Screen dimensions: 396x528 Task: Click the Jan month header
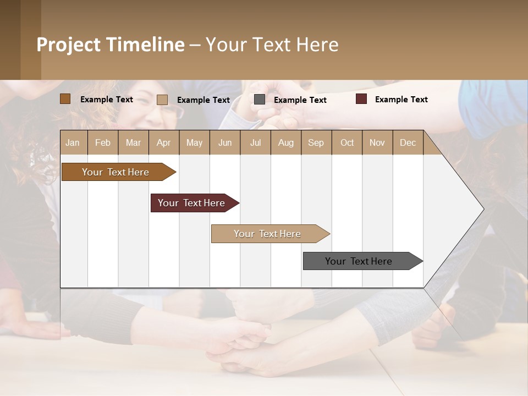click(x=73, y=142)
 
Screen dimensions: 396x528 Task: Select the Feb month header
click(x=103, y=142)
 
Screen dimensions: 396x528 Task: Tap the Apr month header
click(x=163, y=142)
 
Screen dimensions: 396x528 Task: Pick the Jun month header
click(x=225, y=142)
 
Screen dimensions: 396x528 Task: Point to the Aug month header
click(x=285, y=142)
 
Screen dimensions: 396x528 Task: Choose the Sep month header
click(x=316, y=142)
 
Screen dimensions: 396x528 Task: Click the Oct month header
click(x=347, y=142)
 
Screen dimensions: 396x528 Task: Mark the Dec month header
click(x=408, y=142)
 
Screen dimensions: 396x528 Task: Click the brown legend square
click(x=65, y=99)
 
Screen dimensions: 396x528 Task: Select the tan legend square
click(x=162, y=100)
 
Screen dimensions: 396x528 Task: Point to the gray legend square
click(x=260, y=100)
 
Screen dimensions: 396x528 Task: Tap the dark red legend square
click(x=361, y=99)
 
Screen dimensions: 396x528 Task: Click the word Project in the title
click(x=68, y=45)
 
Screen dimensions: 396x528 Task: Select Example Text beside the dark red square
click(x=401, y=99)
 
